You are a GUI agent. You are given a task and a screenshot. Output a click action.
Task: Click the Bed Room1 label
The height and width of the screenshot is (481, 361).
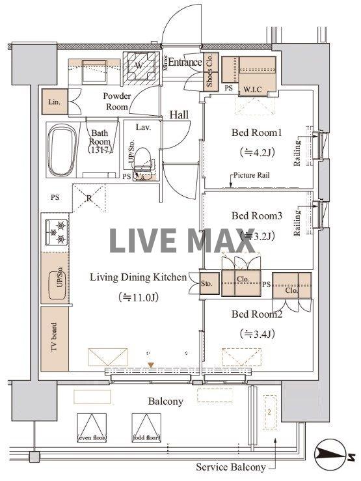click(256, 133)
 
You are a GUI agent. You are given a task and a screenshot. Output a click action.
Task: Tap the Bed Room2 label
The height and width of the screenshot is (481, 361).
click(256, 314)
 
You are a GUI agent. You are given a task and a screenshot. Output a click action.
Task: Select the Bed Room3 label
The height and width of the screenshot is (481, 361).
click(256, 215)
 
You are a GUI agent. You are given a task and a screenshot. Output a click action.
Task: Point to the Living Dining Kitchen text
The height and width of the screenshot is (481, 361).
click(138, 277)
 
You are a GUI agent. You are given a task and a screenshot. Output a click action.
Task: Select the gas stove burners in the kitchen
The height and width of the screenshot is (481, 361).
click(55, 232)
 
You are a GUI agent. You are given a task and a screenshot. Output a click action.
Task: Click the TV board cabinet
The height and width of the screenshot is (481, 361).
click(54, 338)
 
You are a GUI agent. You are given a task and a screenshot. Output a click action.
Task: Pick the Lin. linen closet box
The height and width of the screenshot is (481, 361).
click(54, 103)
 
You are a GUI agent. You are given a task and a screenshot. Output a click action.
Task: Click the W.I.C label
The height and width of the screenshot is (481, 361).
click(254, 89)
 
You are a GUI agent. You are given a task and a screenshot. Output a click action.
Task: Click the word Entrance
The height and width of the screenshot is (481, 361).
click(186, 62)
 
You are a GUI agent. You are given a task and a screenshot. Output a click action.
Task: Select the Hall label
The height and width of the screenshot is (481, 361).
click(179, 115)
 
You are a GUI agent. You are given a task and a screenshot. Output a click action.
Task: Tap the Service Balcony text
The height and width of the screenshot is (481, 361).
click(231, 467)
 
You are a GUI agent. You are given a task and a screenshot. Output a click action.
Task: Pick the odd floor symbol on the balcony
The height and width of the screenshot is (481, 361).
click(146, 428)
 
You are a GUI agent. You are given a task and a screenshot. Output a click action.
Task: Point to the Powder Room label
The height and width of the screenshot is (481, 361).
click(117, 102)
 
